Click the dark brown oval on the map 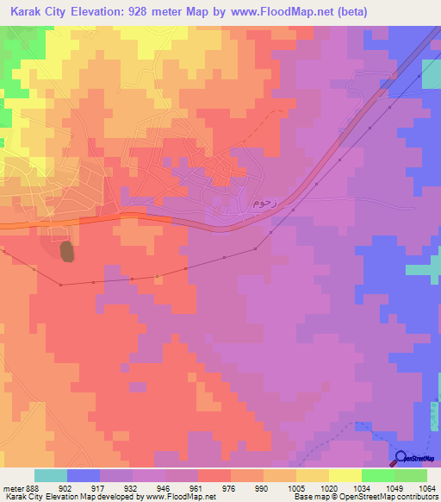(x=67, y=251)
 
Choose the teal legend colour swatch (x=51, y=475)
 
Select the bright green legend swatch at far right (x=410, y=475)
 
